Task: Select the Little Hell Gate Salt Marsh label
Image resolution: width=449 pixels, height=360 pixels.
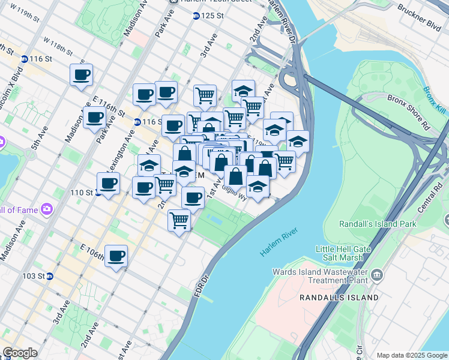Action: pos(340,253)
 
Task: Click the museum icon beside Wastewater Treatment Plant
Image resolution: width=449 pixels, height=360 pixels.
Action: pos(377,275)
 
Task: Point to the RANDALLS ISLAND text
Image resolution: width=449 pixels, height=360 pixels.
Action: pos(339,297)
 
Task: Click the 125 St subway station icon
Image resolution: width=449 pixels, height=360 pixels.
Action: pos(196,15)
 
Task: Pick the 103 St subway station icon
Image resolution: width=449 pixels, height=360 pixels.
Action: pos(50,276)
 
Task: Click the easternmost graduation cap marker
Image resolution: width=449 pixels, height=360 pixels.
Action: pos(297,141)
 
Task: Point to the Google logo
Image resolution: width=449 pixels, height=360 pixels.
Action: pos(20,353)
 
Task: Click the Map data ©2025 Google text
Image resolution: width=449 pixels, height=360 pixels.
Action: pos(411,355)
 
